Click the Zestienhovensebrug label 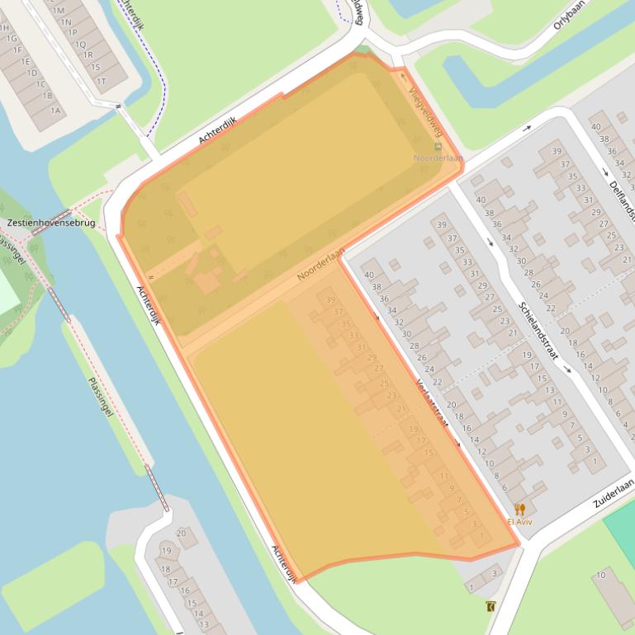50,223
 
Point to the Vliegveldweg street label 426,112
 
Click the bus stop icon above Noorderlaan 438,147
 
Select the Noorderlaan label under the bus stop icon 438,158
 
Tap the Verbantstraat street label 432,403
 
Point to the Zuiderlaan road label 613,493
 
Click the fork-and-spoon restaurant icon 519,509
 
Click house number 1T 101,81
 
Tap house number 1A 55,111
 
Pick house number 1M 57,10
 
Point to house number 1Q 80,45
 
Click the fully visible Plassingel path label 100,396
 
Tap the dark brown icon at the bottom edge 491,607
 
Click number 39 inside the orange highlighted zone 331,300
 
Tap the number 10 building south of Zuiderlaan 601,575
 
